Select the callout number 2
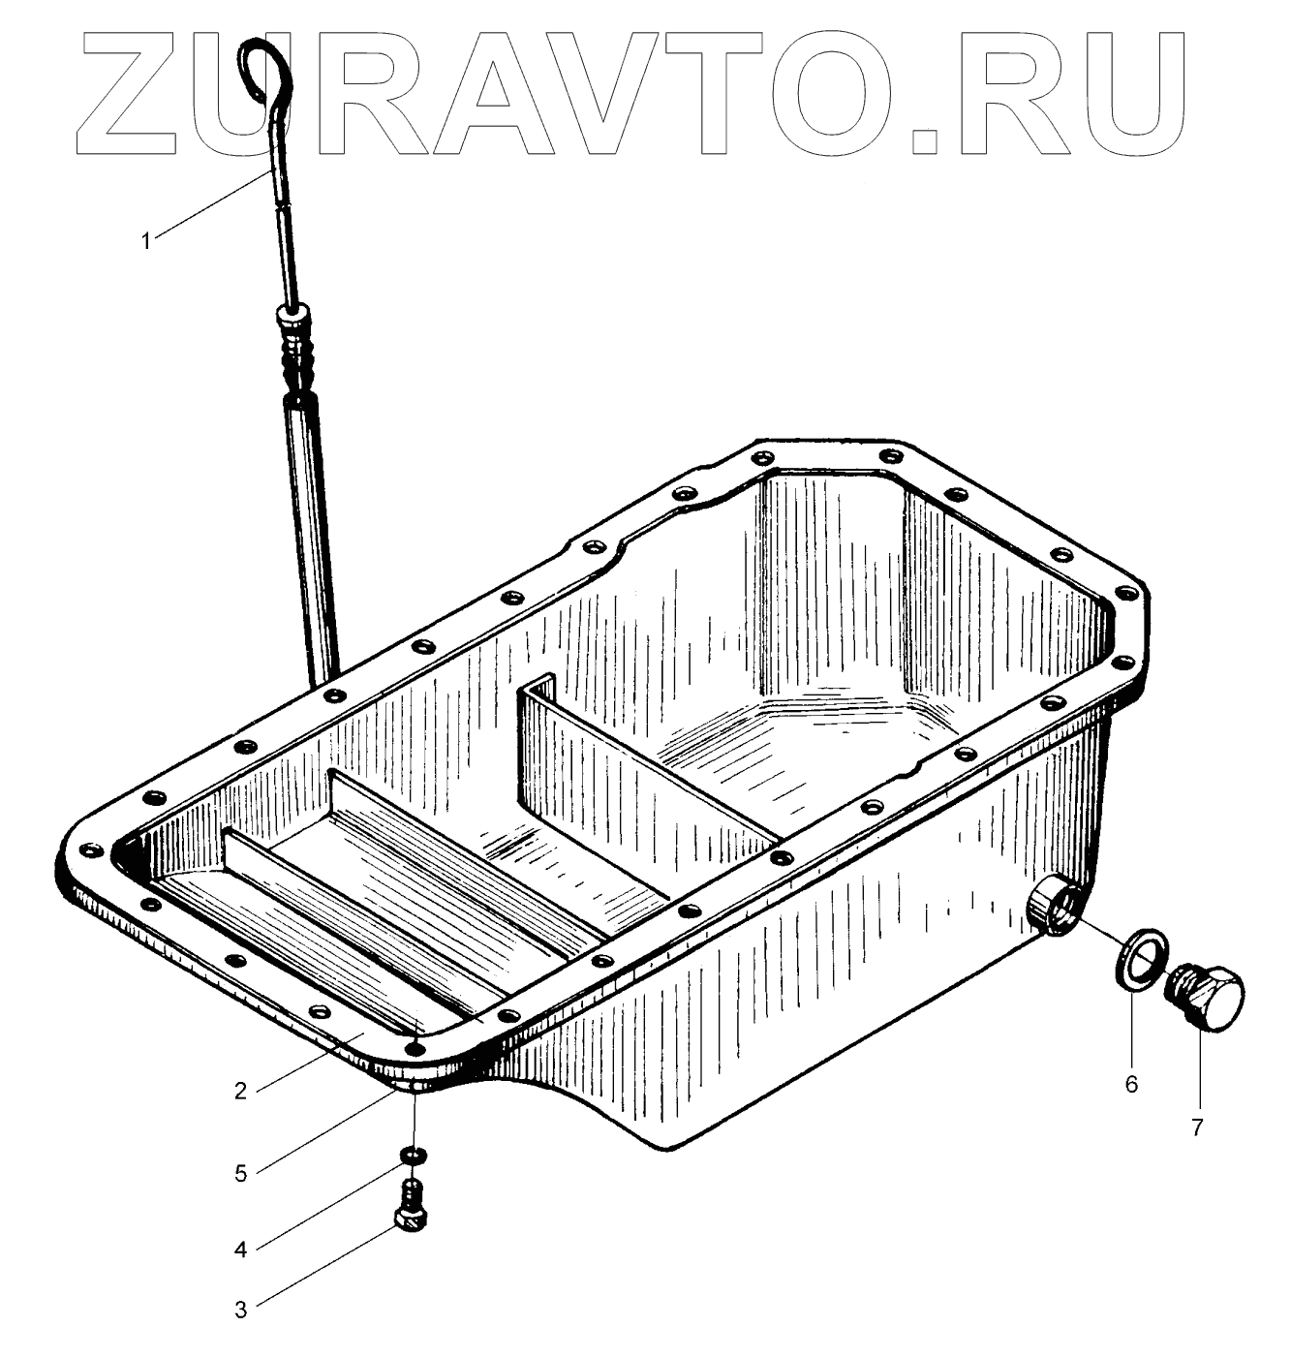click(x=240, y=1091)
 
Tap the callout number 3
click(x=240, y=1309)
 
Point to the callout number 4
click(x=240, y=1249)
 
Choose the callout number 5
click(x=240, y=1174)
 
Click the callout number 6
click(x=1131, y=1085)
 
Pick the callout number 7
click(x=1197, y=1127)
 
